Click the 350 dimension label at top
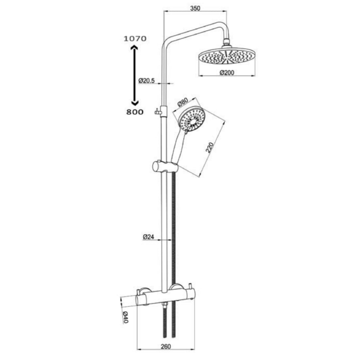tap(195, 8)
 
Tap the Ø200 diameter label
tap(228, 72)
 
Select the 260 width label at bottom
tap(166, 347)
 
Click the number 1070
tap(135, 39)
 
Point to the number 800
tap(135, 112)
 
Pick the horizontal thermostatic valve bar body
tap(166, 298)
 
